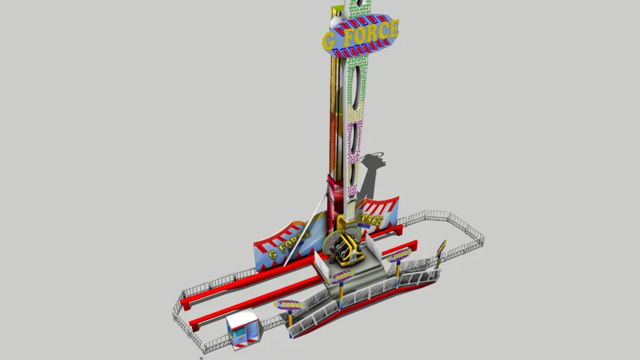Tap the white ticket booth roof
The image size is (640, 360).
241,321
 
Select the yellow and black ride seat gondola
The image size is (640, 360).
345,250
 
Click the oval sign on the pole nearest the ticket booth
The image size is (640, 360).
289,306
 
